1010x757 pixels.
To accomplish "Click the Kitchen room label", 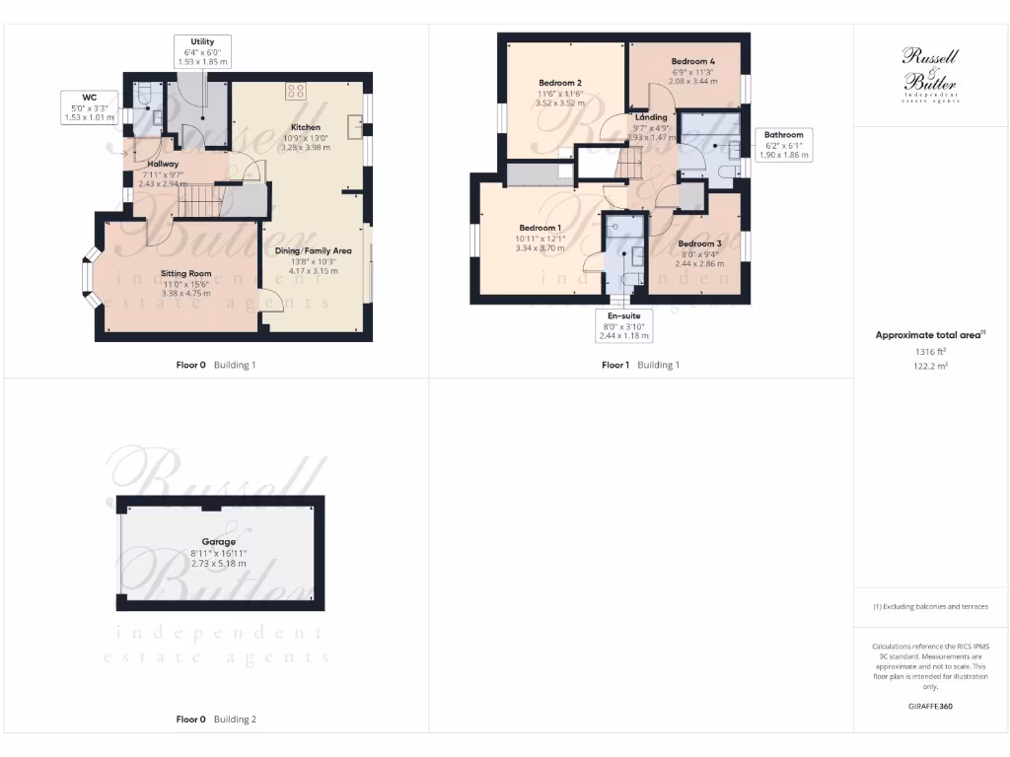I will (305, 128).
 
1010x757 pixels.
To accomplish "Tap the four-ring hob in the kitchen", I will (295, 91).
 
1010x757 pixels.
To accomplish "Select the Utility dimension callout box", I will (202, 52).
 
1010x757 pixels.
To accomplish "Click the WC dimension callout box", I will (90, 106).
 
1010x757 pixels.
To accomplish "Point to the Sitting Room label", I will (186, 274).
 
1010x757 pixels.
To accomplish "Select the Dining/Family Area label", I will (313, 251).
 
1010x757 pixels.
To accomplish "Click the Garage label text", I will (219, 542).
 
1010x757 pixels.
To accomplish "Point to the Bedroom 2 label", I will (559, 83).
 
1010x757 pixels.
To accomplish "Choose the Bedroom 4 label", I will (693, 62).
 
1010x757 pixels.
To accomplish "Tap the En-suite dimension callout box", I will (623, 325).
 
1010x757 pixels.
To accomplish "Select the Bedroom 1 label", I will (540, 229).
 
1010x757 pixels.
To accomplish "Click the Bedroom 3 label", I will (698, 244).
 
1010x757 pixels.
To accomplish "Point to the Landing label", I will (651, 117).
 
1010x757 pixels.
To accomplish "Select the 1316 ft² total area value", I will (930, 351).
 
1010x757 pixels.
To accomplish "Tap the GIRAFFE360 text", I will (930, 706).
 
